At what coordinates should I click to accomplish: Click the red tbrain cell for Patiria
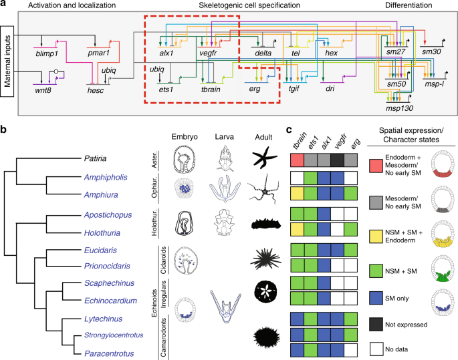[298, 159]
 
